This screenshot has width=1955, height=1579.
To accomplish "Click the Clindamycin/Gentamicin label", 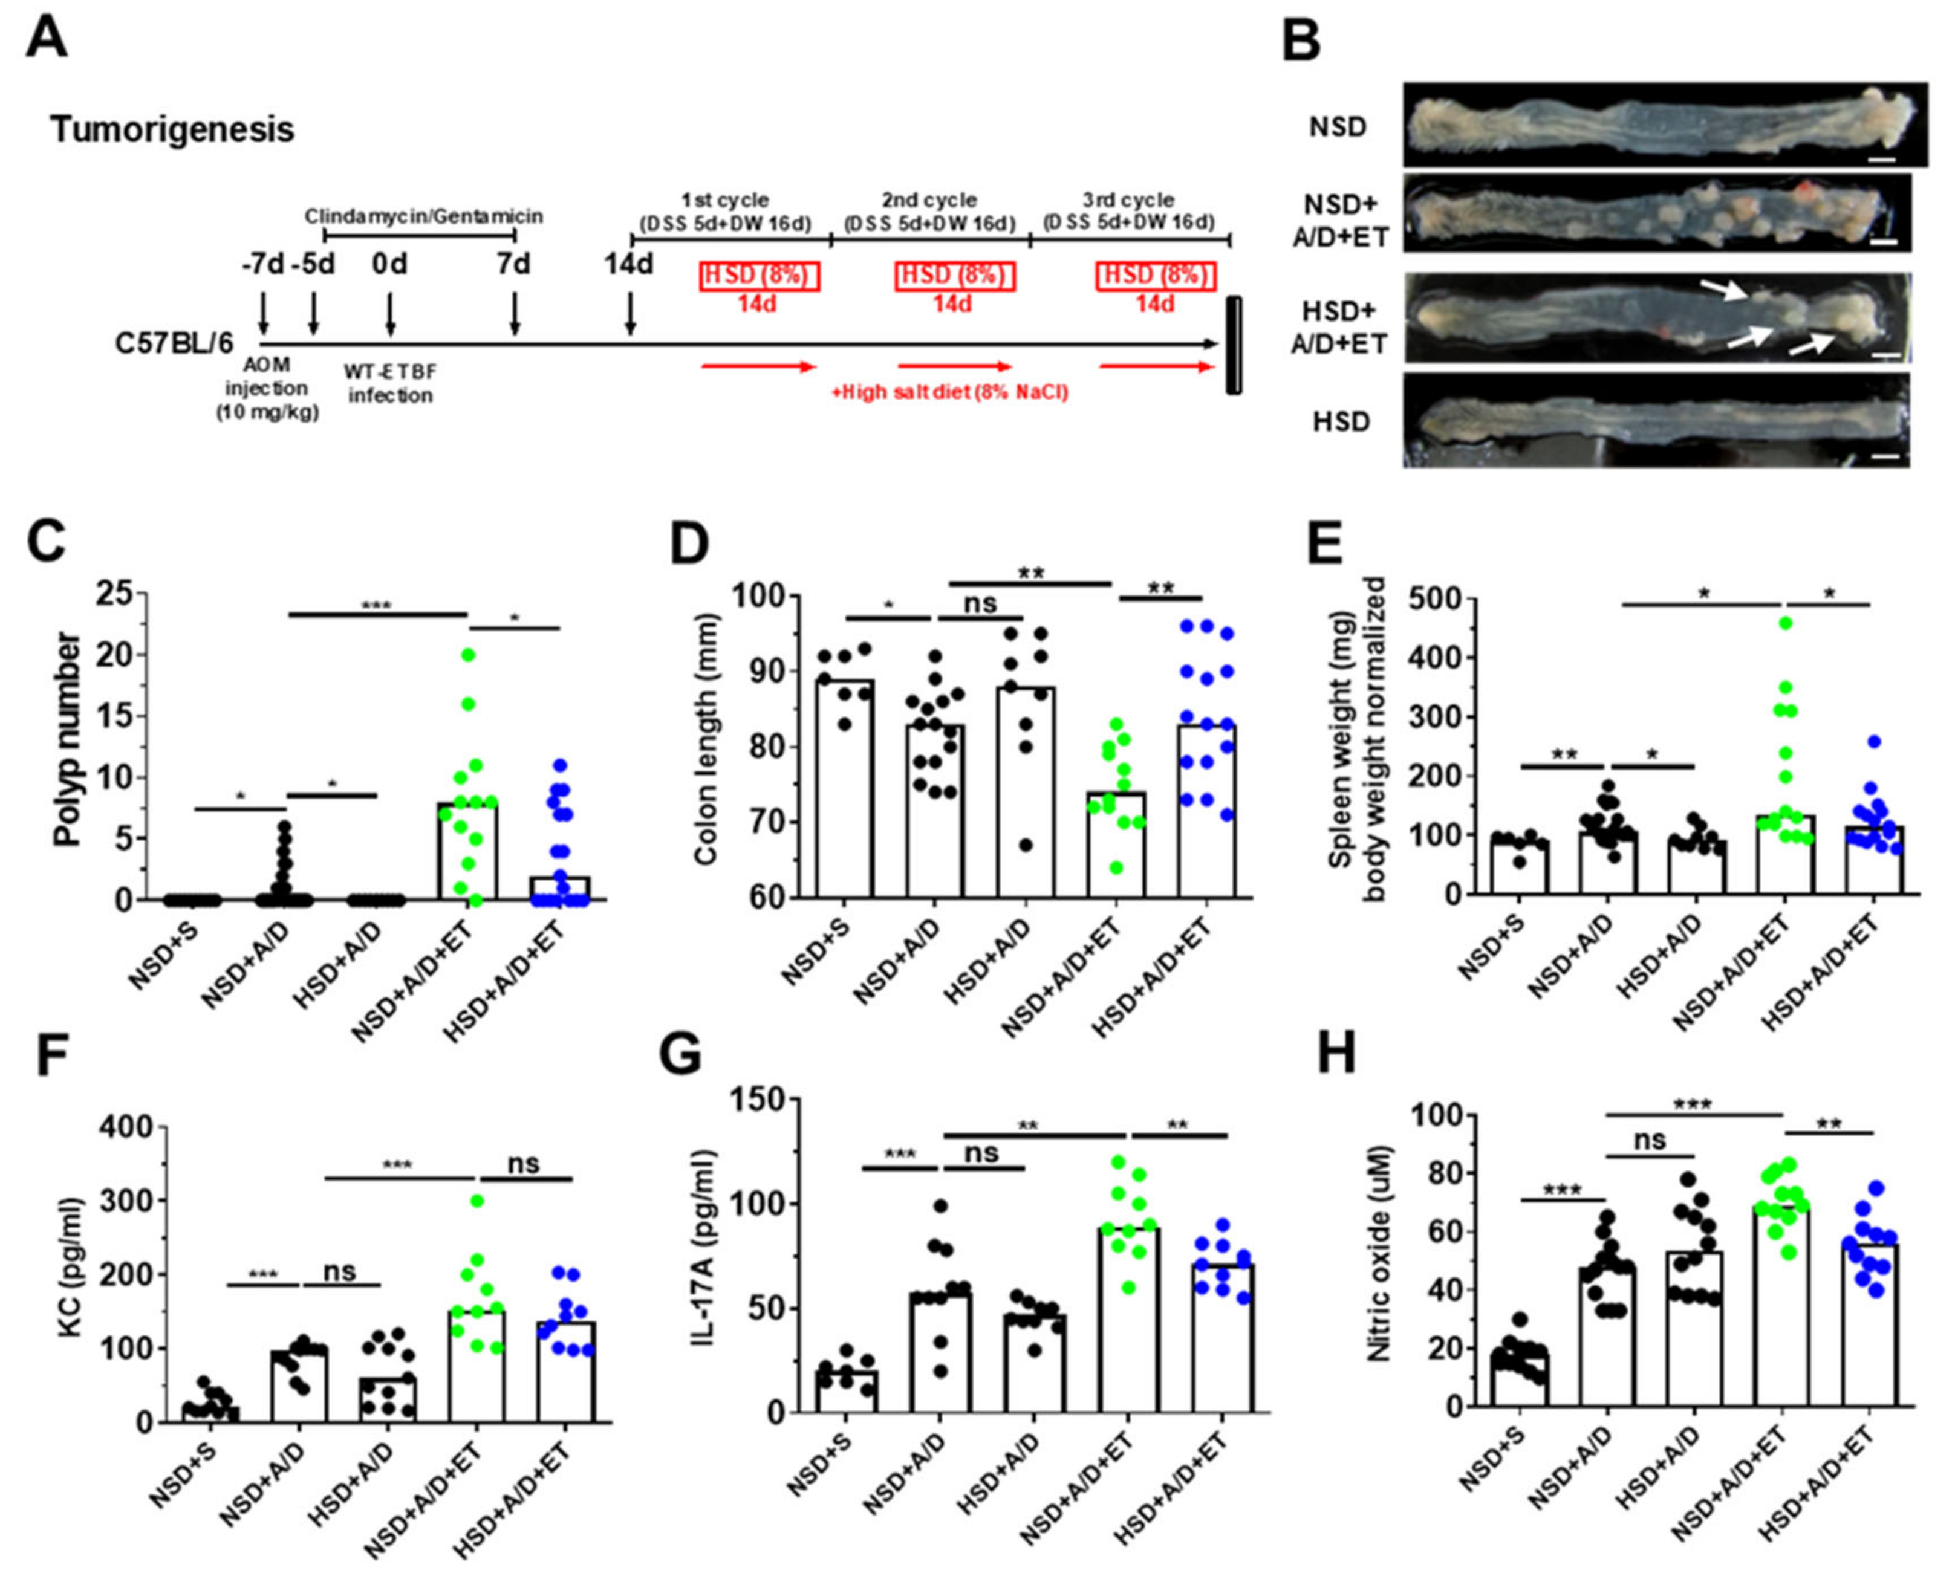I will (x=423, y=216).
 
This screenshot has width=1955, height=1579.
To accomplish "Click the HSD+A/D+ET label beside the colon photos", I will (x=1340, y=328).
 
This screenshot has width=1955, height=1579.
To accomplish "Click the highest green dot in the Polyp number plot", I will (x=469, y=655).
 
